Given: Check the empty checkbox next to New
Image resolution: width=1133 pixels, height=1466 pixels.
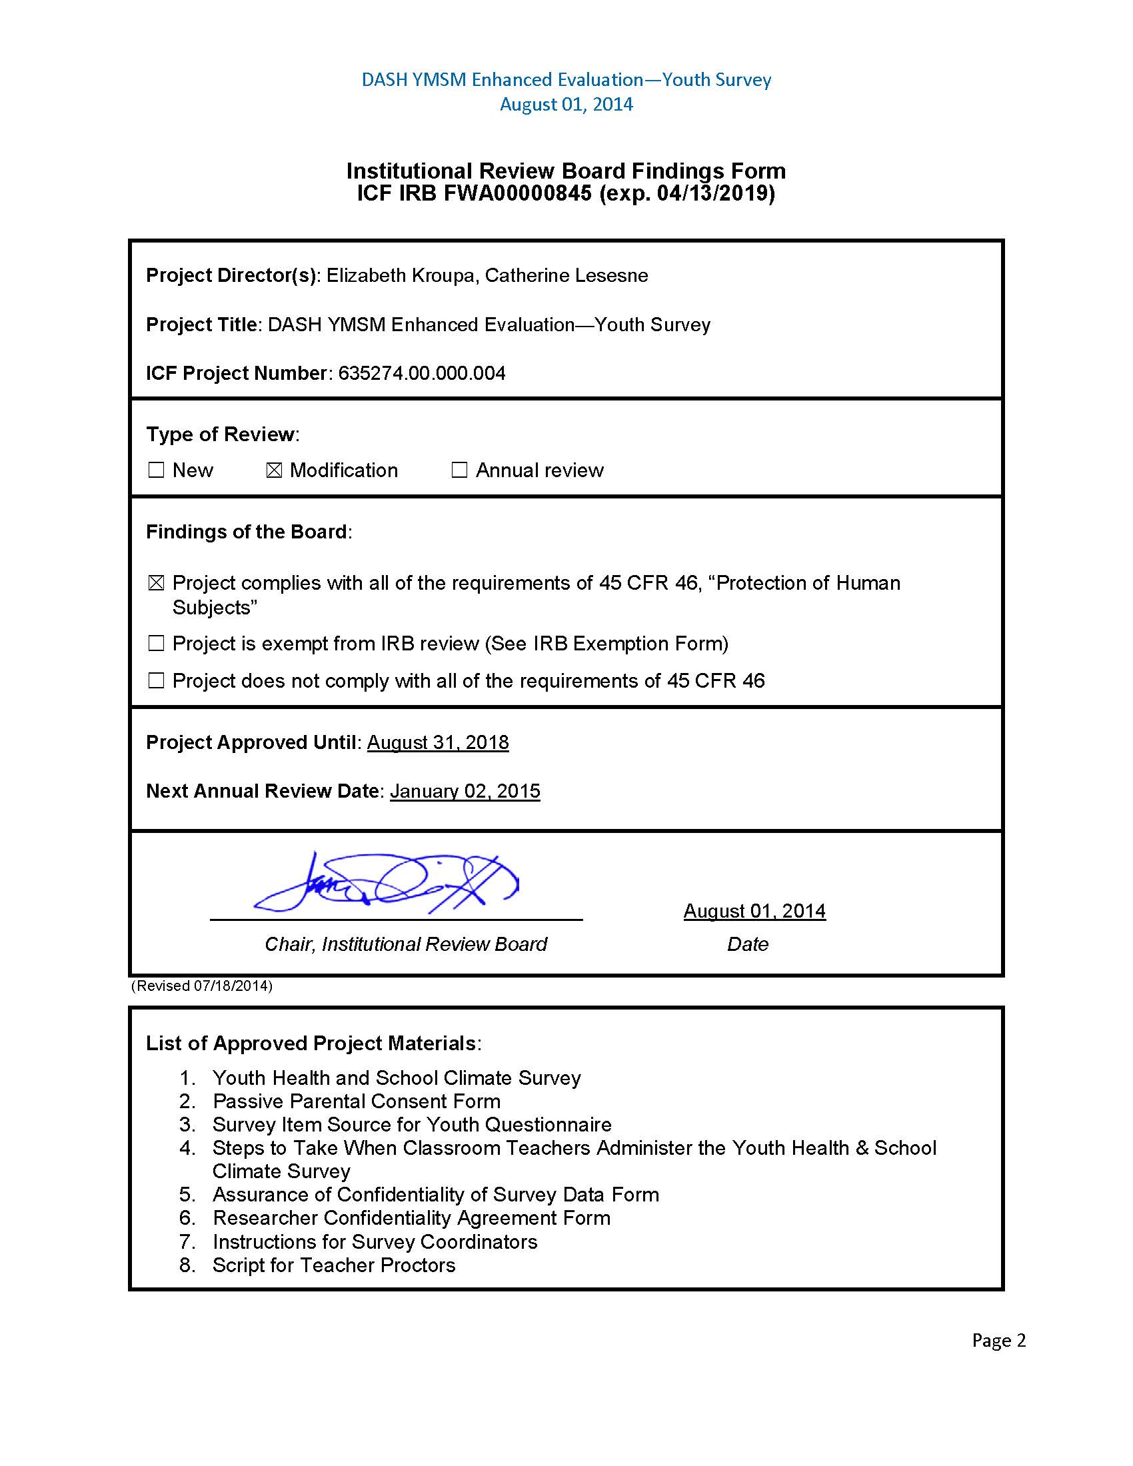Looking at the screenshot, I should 156,470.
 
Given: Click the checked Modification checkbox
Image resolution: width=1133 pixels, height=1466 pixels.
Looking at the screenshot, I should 274,470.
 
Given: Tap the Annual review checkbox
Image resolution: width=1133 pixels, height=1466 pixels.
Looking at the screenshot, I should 459,470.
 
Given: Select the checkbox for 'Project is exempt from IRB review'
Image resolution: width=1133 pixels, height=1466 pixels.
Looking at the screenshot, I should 156,643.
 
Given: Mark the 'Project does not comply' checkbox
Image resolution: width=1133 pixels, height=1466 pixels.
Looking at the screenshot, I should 156,680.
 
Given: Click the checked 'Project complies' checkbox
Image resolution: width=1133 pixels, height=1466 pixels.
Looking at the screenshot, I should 156,582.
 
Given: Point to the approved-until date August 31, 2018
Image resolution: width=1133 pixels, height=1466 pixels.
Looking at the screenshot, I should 438,742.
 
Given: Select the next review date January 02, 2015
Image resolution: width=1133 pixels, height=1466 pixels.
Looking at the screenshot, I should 465,791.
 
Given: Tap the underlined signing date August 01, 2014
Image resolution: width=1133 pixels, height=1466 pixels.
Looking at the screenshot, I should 754,911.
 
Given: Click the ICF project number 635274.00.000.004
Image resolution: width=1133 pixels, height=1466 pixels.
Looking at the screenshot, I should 421,373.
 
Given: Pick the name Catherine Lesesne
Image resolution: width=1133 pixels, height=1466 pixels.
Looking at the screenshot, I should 566,275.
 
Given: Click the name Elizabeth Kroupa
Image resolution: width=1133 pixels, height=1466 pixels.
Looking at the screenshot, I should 400,275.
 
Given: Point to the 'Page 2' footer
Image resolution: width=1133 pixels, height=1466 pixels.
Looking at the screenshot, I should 999,1341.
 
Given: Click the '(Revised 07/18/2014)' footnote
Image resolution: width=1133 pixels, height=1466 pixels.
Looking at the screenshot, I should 201,986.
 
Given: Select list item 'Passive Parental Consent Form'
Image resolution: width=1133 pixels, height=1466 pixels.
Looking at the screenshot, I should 357,1101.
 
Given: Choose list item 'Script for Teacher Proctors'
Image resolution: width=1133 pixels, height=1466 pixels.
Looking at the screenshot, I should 334,1265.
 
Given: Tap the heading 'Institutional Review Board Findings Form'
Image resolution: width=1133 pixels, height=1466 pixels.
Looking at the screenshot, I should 566,171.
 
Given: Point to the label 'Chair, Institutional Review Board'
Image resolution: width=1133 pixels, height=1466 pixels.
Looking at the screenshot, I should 405,944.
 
